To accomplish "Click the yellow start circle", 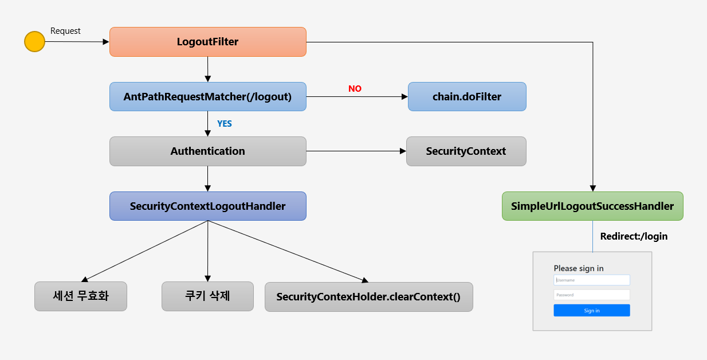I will [x=34, y=42].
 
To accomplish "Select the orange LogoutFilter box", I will [x=208, y=42].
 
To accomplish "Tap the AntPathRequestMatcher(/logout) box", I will [x=208, y=97].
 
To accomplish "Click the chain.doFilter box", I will [x=467, y=97].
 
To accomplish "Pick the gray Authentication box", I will [x=208, y=151].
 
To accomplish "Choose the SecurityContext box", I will [x=466, y=151].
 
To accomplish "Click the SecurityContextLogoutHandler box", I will [x=208, y=206].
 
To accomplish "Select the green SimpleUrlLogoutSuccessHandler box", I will [x=592, y=206].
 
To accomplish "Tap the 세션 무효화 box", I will [x=80, y=296].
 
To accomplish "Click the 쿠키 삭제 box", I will [x=207, y=296].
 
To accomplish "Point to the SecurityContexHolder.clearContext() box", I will [x=368, y=297].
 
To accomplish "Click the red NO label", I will [x=355, y=89].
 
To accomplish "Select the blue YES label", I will [x=225, y=123].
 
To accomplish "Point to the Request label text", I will [x=65, y=31].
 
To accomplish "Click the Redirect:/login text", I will [x=634, y=236].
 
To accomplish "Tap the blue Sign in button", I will [x=592, y=310].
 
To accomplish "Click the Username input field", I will [x=592, y=280].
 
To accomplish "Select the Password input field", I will [x=592, y=295].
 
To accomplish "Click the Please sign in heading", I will [x=579, y=268].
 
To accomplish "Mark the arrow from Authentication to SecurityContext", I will [x=355, y=151].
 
